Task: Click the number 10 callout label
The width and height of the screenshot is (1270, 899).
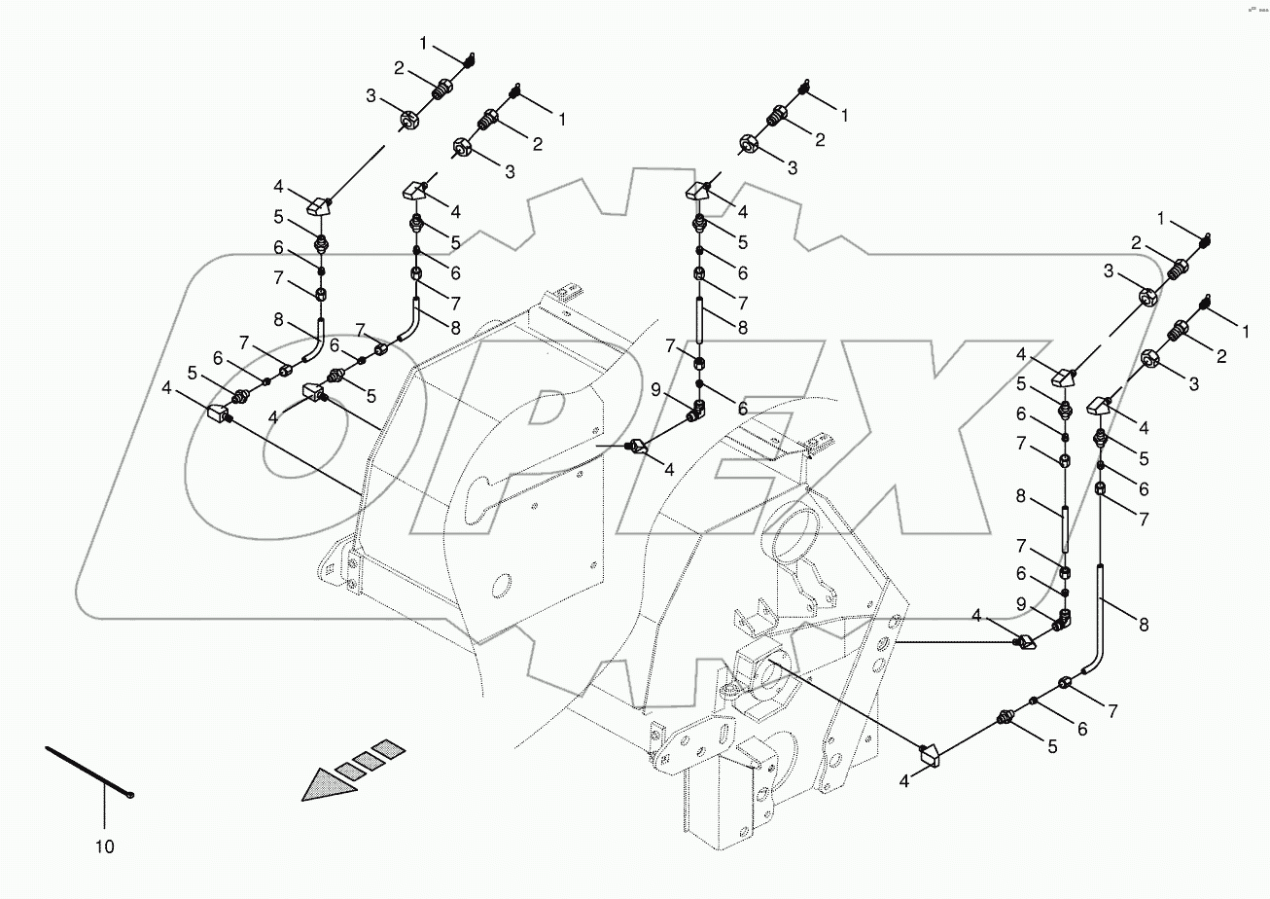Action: (104, 846)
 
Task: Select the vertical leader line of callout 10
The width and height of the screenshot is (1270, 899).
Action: (103, 812)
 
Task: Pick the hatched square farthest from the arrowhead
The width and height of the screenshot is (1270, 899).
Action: (388, 749)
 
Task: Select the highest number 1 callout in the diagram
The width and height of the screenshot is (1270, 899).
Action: (423, 43)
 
